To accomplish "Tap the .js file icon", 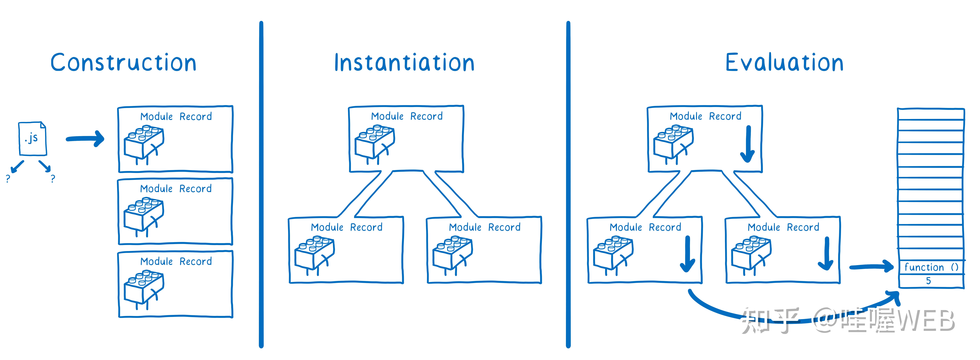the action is [33, 138].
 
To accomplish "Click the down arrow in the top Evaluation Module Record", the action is [748, 144].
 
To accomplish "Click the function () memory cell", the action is [931, 267].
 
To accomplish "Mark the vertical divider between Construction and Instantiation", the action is [261, 185].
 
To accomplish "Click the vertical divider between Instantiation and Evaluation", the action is [568, 185].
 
